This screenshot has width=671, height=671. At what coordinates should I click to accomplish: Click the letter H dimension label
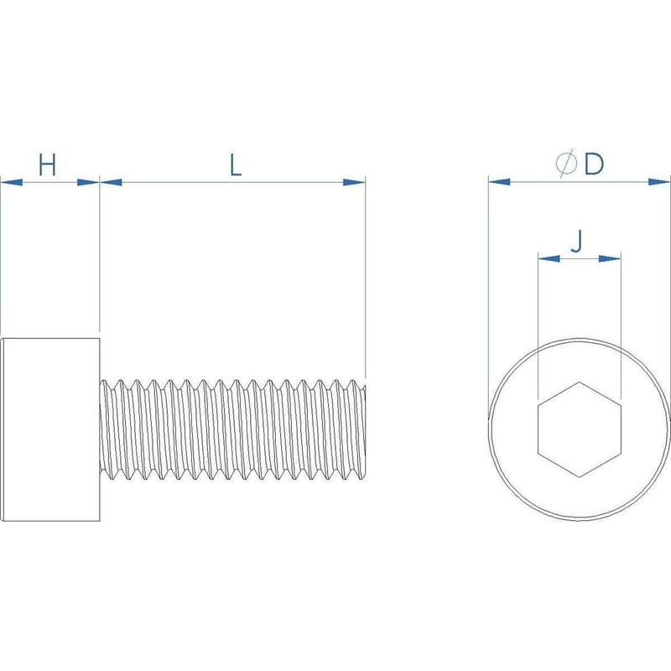(x=49, y=165)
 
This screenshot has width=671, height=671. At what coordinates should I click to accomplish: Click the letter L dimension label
(x=236, y=165)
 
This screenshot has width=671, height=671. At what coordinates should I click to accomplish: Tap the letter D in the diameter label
(x=594, y=164)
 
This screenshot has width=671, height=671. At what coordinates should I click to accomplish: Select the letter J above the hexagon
(x=576, y=242)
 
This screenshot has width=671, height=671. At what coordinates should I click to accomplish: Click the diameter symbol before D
(x=567, y=165)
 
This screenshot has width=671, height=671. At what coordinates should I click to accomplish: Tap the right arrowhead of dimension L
(x=356, y=181)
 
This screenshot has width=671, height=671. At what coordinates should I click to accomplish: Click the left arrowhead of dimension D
(x=499, y=181)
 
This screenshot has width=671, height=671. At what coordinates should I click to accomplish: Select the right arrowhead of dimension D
(x=660, y=181)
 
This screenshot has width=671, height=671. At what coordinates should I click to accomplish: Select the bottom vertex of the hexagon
(x=579, y=476)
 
